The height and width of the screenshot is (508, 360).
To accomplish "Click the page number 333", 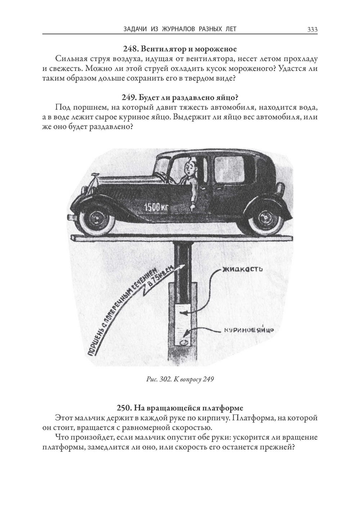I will (312, 30).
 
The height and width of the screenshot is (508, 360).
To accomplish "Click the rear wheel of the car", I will (265, 218).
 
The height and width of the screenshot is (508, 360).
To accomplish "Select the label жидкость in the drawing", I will (242, 269).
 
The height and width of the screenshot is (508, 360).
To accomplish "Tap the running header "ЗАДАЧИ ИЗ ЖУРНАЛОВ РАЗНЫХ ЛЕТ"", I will (180, 29).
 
